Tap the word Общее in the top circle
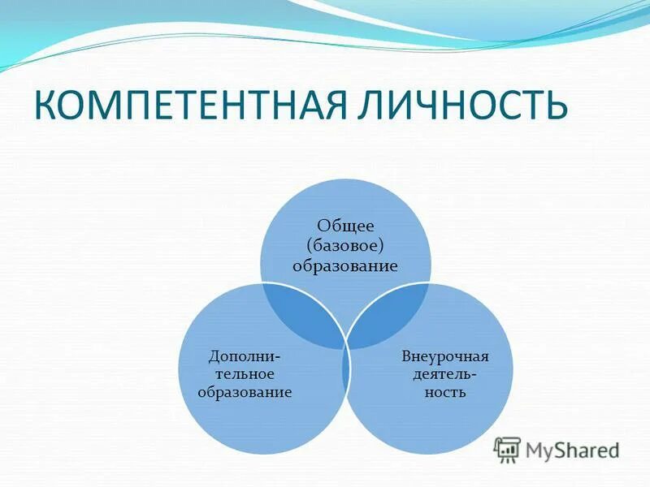[345, 226]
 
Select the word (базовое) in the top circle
[345, 246]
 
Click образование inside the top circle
[345, 265]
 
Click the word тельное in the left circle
[245, 374]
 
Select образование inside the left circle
[245, 393]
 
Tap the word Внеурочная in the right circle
[444, 356]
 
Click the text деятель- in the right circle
[445, 374]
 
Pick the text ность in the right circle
[445, 393]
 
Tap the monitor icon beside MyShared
[508, 450]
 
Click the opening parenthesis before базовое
[310, 247]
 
